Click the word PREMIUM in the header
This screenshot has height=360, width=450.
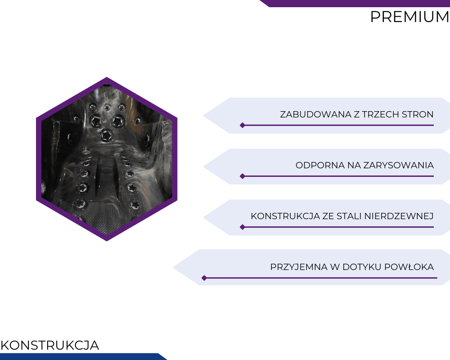[x=410, y=17]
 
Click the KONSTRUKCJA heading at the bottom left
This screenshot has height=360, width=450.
[x=50, y=345]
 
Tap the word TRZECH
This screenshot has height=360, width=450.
[x=381, y=114]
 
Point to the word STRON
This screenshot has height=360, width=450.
[x=418, y=114]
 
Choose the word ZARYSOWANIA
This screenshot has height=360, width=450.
[x=399, y=165]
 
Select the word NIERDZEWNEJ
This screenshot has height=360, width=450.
[x=399, y=216]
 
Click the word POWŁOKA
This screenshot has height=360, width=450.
[x=409, y=267]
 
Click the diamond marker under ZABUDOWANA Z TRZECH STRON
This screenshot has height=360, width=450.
[x=243, y=125]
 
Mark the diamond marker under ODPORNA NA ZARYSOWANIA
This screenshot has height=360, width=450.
[x=243, y=176]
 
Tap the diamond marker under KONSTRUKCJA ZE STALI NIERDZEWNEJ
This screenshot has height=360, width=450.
[x=243, y=227]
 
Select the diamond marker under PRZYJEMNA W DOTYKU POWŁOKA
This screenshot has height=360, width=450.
[x=204, y=278]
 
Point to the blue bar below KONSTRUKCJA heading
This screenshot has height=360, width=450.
[x=83, y=356]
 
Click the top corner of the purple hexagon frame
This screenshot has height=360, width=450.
[x=107, y=77]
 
